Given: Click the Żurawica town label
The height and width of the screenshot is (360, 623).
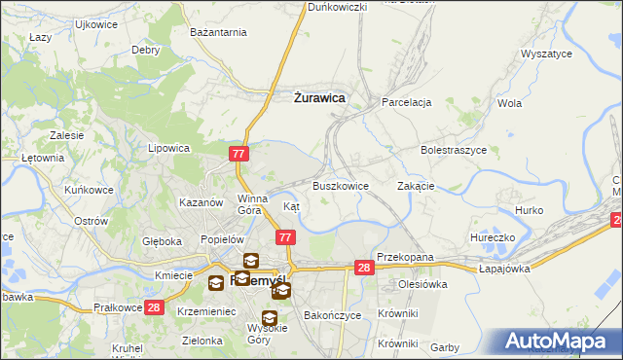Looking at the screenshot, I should (318, 97).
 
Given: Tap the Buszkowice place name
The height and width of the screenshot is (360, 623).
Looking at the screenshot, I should (340, 186).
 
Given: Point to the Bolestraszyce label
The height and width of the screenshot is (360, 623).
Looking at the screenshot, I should (453, 151).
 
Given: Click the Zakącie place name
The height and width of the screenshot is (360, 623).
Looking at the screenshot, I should (416, 186).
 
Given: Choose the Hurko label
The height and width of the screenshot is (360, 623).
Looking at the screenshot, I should (529, 210).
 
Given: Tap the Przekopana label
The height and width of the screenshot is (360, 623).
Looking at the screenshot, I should (404, 257).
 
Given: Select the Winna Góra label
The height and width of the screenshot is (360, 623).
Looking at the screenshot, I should (251, 203).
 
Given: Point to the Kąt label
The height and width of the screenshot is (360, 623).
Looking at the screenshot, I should (291, 206).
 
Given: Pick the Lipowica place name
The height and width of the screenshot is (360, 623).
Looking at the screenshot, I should (167, 149).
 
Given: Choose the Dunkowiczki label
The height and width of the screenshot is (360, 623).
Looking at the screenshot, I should (337, 7).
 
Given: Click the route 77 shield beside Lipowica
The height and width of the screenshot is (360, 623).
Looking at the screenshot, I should (240, 154).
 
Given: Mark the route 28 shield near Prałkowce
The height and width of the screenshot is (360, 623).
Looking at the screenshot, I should (154, 307).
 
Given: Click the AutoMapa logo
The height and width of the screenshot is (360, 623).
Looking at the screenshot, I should (558, 341).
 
